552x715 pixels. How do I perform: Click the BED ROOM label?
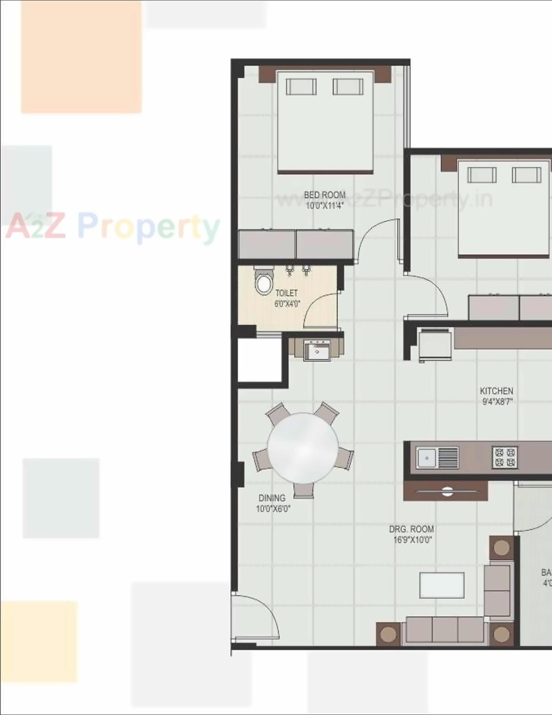click(x=324, y=195)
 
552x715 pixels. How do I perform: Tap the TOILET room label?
click(x=286, y=293)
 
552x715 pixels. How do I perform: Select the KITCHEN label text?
click(x=496, y=391)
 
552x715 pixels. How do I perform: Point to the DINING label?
click(x=272, y=498)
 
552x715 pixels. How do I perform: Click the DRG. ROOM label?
click(x=411, y=529)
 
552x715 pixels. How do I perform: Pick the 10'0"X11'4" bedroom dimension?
click(x=324, y=206)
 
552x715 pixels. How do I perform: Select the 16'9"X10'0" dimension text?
click(x=412, y=540)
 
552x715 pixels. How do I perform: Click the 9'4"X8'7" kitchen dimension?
click(x=497, y=402)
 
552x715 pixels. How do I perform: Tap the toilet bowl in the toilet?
click(x=263, y=283)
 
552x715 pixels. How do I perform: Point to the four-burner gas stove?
click(x=505, y=457)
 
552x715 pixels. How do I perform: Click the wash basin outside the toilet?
click(x=317, y=350)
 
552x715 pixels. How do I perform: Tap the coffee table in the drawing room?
click(x=442, y=585)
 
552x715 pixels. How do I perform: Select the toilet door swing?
click(x=319, y=309)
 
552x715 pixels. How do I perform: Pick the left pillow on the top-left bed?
click(x=301, y=87)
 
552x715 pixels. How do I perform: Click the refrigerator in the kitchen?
click(x=435, y=345)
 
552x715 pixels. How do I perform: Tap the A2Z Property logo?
click(x=112, y=227)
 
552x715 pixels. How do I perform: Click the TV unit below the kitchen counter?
click(x=446, y=491)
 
